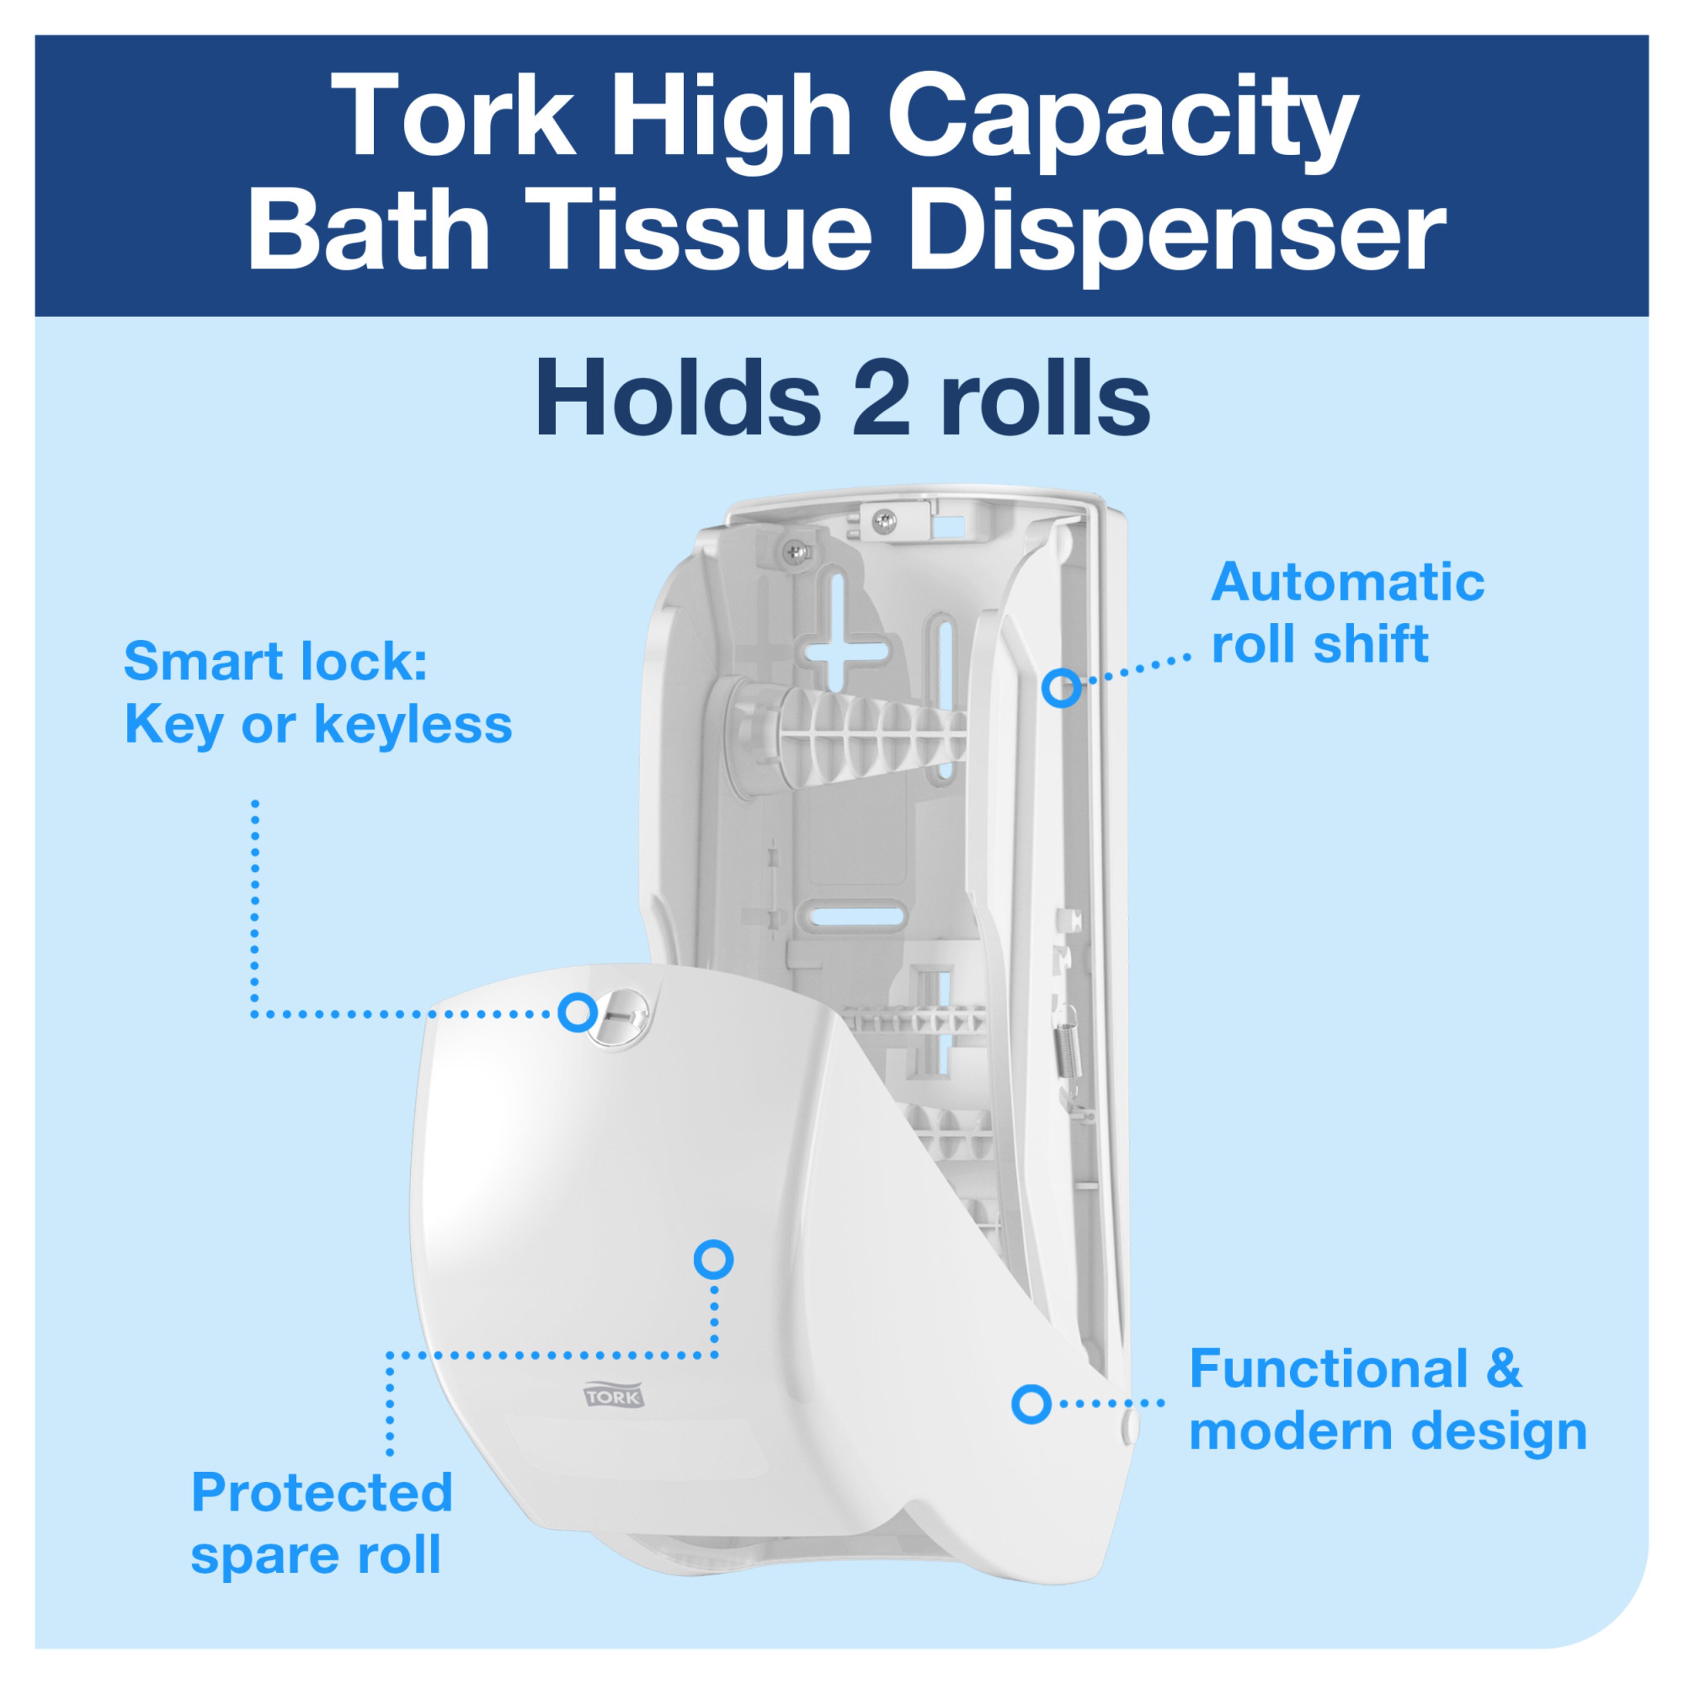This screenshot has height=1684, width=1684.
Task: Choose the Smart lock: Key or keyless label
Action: (x=318, y=693)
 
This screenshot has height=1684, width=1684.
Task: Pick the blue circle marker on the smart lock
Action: (x=577, y=1013)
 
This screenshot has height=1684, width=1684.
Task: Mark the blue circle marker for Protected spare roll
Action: (x=713, y=1259)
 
